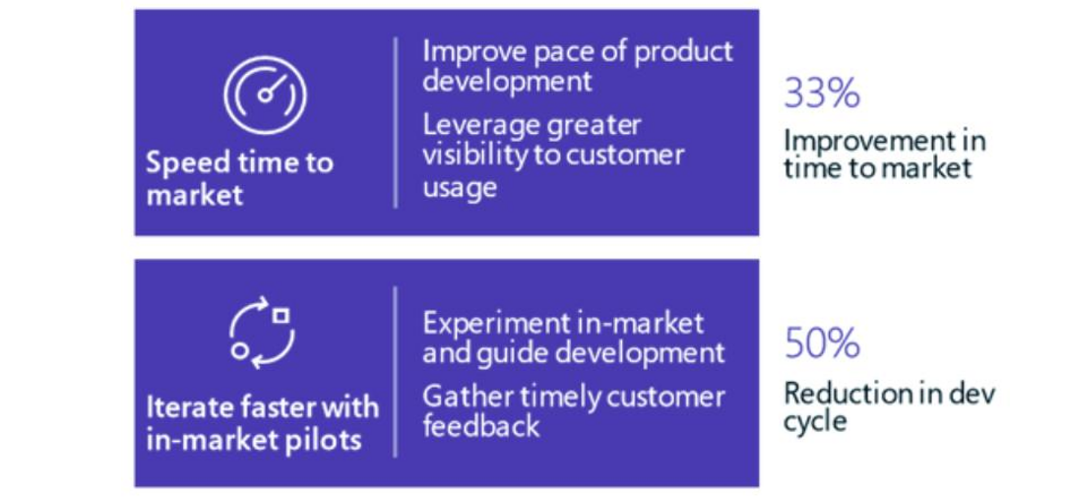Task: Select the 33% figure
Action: [822, 93]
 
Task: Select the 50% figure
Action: [822, 343]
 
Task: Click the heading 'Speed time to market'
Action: [240, 178]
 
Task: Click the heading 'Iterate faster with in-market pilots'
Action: [262, 422]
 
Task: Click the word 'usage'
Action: [460, 187]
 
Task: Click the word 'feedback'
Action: [481, 425]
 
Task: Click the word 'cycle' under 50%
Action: [815, 421]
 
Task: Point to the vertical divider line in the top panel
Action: [396, 122]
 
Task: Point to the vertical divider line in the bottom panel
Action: [396, 372]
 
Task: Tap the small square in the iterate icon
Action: [281, 316]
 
